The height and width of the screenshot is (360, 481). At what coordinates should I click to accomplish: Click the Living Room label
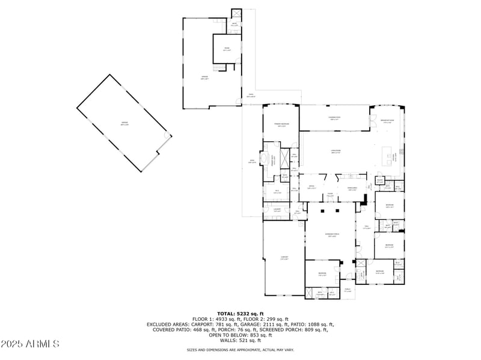[336, 151]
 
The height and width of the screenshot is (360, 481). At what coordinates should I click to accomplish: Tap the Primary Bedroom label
[281, 124]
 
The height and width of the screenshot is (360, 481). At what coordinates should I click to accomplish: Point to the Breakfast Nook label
[387, 121]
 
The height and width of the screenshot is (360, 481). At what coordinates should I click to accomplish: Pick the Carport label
[284, 258]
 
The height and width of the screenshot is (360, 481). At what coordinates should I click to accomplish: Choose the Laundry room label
[277, 210]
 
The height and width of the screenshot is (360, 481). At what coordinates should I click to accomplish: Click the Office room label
[312, 188]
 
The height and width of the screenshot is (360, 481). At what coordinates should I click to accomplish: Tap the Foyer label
[330, 194]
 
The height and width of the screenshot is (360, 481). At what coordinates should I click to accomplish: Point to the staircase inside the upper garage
[222, 68]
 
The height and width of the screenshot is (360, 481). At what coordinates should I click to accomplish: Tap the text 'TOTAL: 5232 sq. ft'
[240, 314]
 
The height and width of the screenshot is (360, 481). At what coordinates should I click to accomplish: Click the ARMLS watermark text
[30, 344]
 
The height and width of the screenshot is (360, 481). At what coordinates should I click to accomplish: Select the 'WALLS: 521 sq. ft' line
[240, 340]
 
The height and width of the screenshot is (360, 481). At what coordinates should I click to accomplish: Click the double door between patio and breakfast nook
[372, 118]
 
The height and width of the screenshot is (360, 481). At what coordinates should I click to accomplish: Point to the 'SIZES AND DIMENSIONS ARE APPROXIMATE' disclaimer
[240, 350]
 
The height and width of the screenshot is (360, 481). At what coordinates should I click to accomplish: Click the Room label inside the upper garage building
[227, 49]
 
